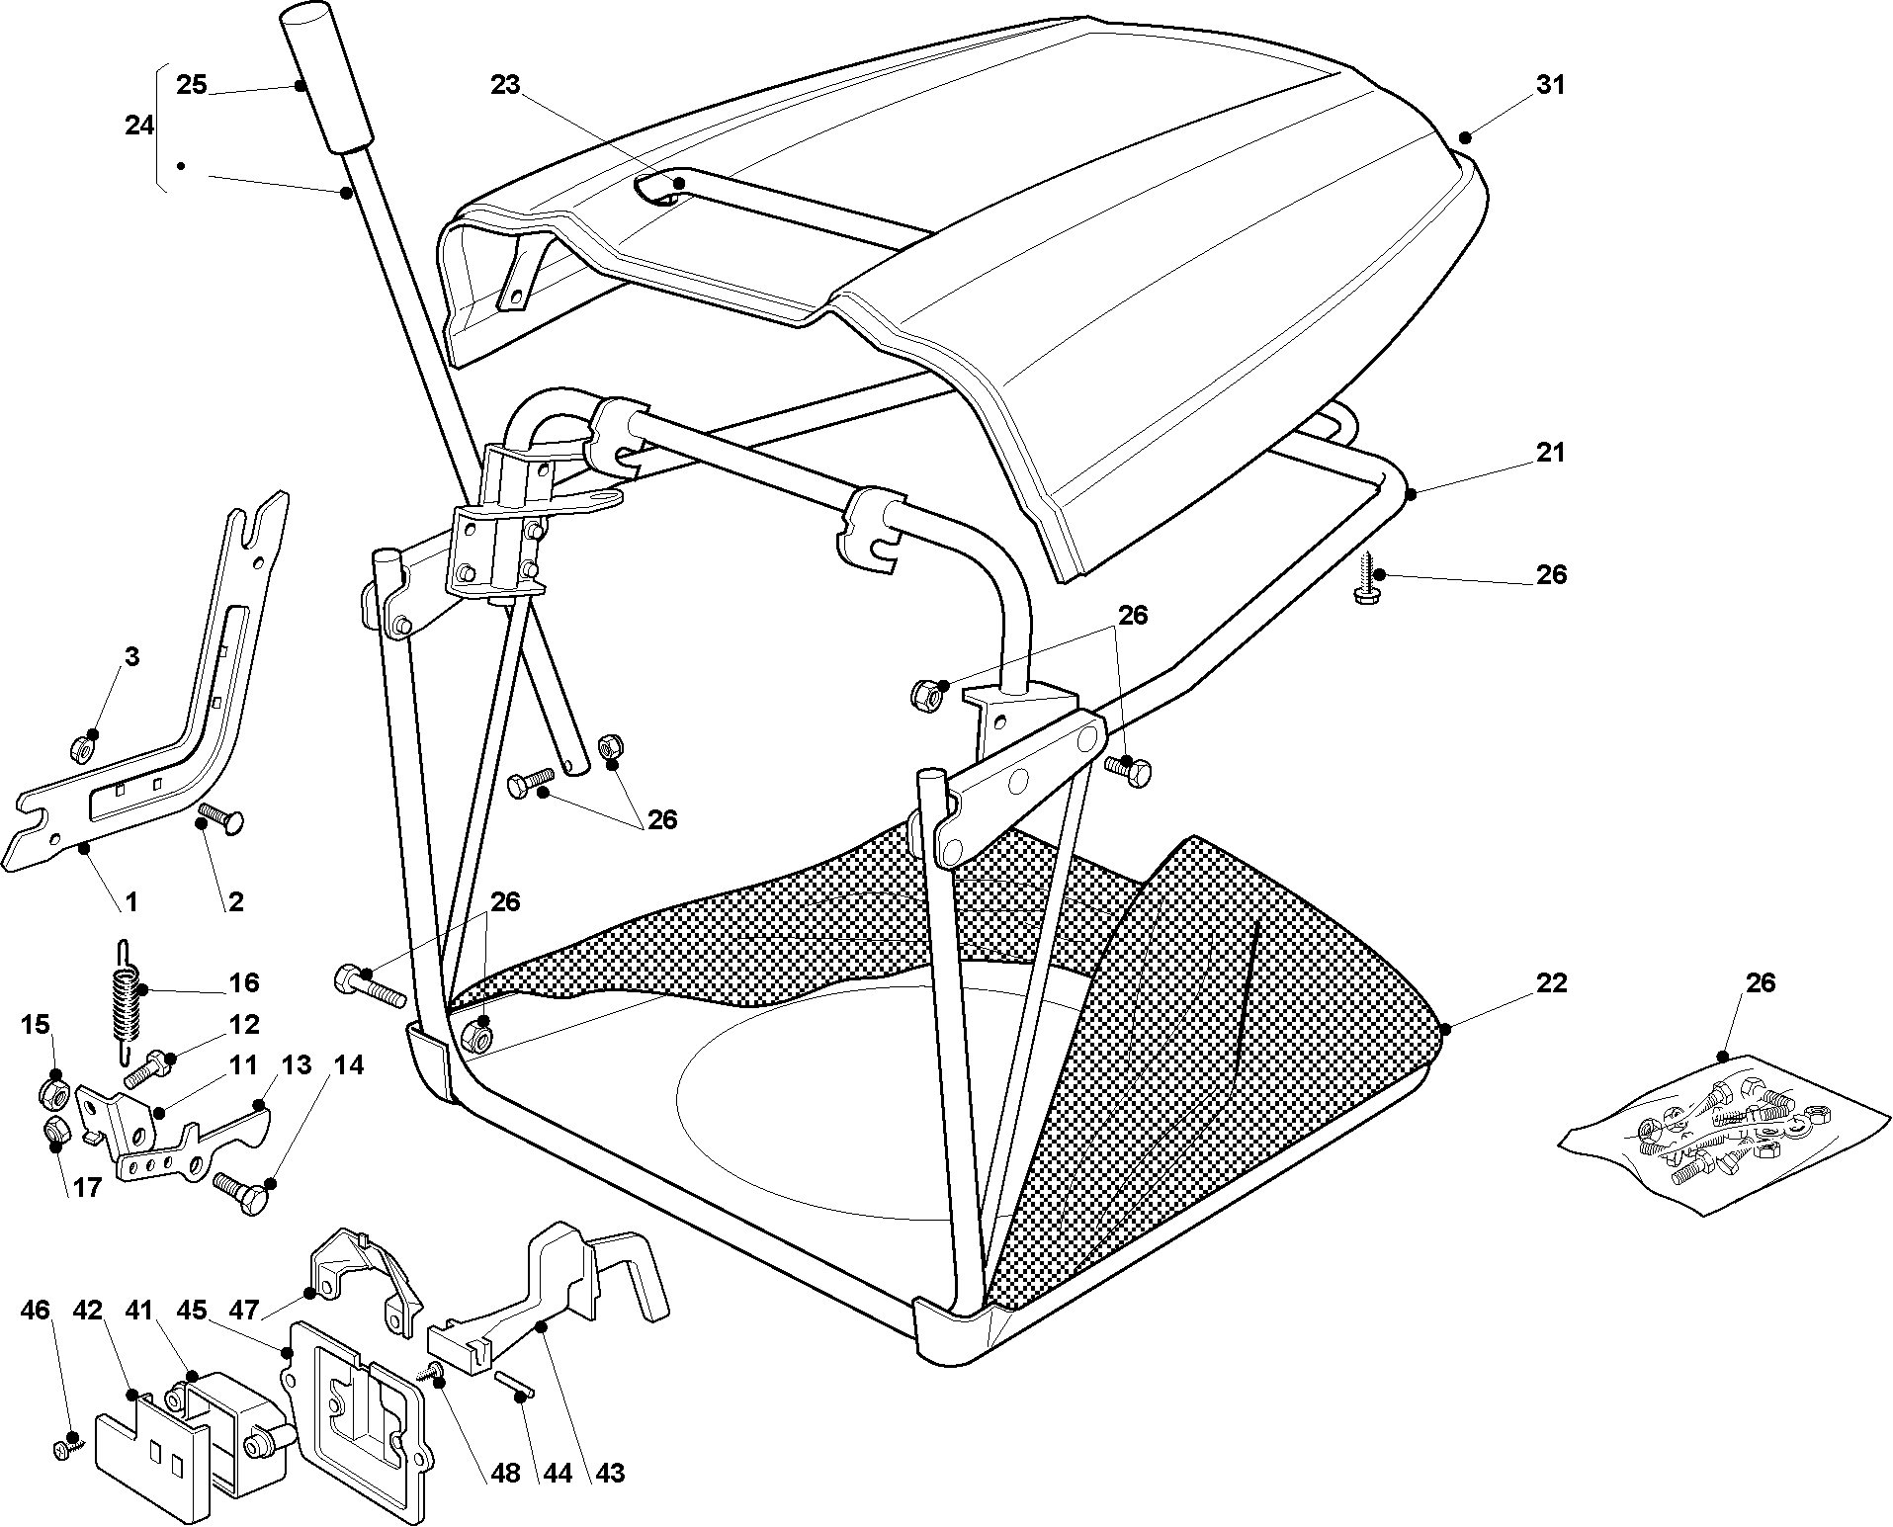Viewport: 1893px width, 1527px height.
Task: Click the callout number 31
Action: pos(1550,86)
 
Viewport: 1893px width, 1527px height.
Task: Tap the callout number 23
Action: pos(505,86)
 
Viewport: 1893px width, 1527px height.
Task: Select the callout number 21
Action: pos(1550,453)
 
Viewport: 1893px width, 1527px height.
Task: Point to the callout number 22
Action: pos(1551,983)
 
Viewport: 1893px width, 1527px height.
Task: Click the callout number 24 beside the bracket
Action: pos(139,126)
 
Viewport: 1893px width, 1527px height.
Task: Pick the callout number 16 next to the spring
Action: pos(244,982)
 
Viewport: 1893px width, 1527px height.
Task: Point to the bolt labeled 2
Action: pos(221,819)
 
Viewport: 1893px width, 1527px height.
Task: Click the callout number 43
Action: pos(611,1473)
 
